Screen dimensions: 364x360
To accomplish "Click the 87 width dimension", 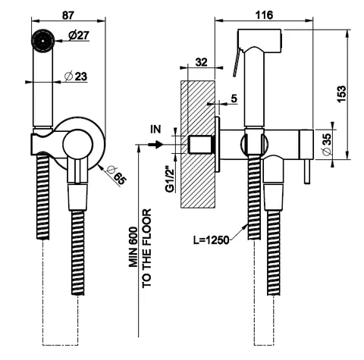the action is tap(68, 15).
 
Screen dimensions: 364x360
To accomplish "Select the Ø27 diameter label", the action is tap(79, 36).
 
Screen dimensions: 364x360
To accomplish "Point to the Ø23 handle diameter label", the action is tap(76, 76).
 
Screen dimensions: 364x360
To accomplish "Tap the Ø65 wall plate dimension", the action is tap(116, 175).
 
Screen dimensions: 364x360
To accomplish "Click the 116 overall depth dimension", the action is tap(264, 15).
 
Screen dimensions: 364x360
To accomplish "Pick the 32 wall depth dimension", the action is tap(202, 62).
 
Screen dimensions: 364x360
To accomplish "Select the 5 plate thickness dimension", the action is tap(234, 99).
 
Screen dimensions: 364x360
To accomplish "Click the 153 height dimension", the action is tap(341, 94).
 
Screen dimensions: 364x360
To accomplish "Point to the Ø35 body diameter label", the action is tap(327, 145).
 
